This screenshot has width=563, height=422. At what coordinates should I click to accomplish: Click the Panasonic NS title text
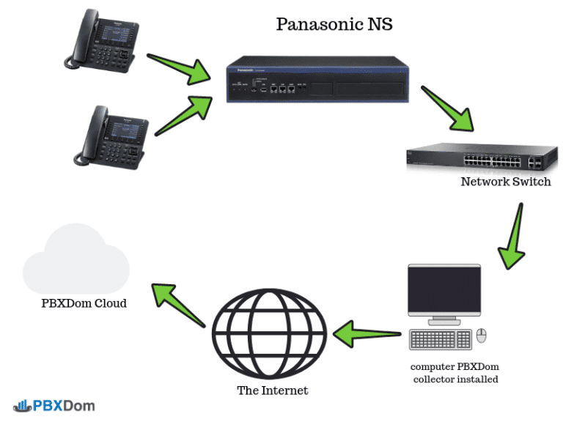point(334,24)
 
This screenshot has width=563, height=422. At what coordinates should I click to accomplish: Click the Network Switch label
point(505,181)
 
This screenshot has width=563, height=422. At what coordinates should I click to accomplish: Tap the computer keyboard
point(441,339)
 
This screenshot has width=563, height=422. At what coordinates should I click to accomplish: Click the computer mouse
point(482,336)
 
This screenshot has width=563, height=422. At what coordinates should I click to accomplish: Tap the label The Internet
point(272,390)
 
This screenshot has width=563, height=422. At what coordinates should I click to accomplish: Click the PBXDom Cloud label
point(84,303)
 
